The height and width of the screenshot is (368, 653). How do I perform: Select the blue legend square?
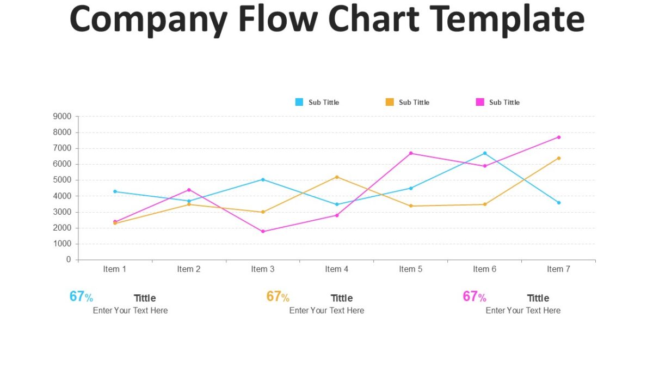299,102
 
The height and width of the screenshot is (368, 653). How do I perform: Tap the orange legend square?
390,102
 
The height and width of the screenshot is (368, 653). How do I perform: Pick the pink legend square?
480,102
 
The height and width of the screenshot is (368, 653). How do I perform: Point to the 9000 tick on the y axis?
62,116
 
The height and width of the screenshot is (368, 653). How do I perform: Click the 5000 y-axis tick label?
62,180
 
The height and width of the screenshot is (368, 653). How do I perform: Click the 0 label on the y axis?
69,260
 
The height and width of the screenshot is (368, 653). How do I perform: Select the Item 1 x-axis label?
115,269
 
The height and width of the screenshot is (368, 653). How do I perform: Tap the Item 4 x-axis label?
337,269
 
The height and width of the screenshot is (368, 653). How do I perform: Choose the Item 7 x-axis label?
558,269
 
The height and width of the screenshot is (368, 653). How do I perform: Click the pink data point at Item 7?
559,137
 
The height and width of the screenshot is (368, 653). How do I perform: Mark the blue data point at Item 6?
485,153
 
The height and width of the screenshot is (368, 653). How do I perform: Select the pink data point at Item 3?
263,231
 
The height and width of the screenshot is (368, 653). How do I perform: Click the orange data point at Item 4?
337,177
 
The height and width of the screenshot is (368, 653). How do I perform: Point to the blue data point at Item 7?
559,202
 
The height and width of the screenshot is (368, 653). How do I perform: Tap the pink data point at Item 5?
411,153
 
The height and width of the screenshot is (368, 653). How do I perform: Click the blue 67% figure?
81,297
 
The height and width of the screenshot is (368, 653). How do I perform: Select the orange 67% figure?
278,297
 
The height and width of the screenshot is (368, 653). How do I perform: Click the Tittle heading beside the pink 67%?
538,298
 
